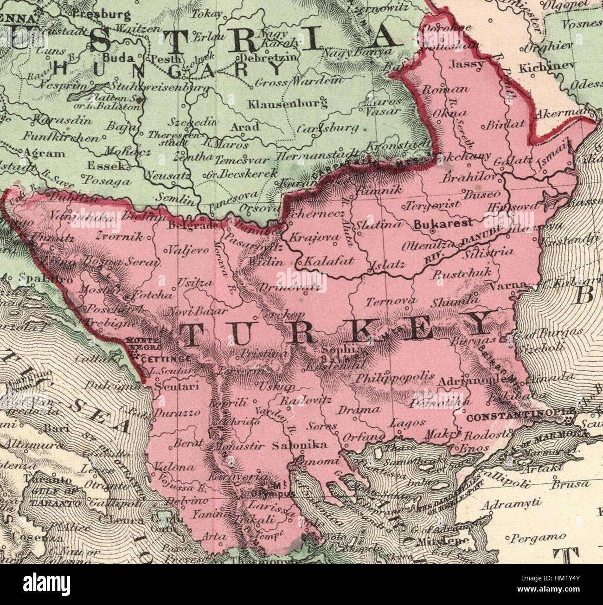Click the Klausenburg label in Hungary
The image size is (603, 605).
pyautogui.click(x=287, y=103)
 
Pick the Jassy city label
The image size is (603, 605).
pyautogui.click(x=467, y=64)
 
